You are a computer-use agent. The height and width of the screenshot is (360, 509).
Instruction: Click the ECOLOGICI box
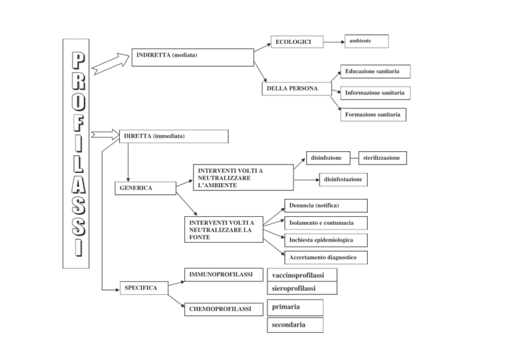click(297, 42)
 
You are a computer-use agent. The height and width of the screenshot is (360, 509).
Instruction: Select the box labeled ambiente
click(367, 41)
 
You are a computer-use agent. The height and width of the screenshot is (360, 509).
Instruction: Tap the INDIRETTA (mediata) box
click(192, 58)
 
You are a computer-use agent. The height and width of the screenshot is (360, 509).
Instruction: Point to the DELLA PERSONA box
click(297, 89)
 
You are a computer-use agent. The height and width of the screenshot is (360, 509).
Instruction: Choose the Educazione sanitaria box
click(375, 72)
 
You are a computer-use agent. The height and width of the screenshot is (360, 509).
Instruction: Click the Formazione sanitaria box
click(373, 115)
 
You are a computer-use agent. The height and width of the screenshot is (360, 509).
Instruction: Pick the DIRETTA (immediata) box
click(174, 137)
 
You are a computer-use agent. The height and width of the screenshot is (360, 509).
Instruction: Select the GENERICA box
click(145, 188)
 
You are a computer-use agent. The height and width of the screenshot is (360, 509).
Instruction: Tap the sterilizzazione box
click(382, 158)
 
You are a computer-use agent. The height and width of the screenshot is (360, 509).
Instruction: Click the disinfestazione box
click(343, 180)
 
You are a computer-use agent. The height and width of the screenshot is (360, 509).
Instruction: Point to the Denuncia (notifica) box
click(326, 206)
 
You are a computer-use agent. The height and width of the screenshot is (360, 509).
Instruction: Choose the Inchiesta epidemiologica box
click(326, 240)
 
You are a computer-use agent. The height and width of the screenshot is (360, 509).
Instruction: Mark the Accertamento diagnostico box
click(326, 257)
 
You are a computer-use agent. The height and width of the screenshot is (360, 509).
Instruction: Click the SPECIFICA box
click(144, 288)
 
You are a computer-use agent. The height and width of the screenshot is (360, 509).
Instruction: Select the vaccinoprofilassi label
click(298, 275)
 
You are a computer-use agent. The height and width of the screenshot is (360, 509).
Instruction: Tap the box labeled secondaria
click(295, 325)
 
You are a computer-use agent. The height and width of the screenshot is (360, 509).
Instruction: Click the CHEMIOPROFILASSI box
click(223, 309)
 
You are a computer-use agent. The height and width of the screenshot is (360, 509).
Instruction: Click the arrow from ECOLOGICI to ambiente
click(334, 42)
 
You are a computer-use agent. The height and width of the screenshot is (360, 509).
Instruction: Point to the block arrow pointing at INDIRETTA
click(111, 64)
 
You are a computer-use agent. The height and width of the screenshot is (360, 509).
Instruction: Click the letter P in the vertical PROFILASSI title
click(78, 61)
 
